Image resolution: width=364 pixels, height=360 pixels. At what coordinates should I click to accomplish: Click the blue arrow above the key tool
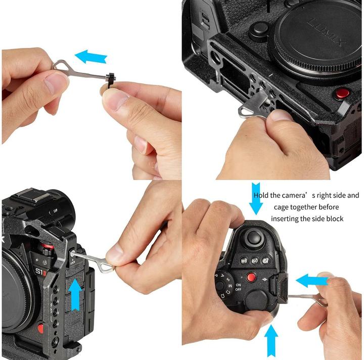click(x=90, y=56)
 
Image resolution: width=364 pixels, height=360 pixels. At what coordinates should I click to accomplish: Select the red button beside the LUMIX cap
click(x=343, y=93)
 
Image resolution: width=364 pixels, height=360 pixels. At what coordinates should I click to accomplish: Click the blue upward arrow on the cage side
click(x=75, y=294)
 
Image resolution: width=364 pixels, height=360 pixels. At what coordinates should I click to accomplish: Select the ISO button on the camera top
click(x=255, y=261)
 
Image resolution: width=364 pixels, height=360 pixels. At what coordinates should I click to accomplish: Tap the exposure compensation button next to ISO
click(x=266, y=261)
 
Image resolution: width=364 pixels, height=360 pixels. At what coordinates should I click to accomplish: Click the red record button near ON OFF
click(x=251, y=277)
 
